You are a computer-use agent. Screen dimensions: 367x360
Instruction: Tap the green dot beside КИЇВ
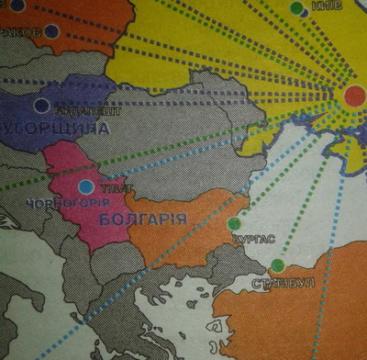tap(296, 8)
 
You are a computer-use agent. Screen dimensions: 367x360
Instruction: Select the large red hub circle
tap(355, 95)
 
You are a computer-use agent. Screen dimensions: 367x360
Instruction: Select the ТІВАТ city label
tap(108, 187)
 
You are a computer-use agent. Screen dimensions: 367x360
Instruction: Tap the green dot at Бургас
tap(234, 223)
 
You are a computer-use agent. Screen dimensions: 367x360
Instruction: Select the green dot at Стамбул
tap(277, 265)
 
